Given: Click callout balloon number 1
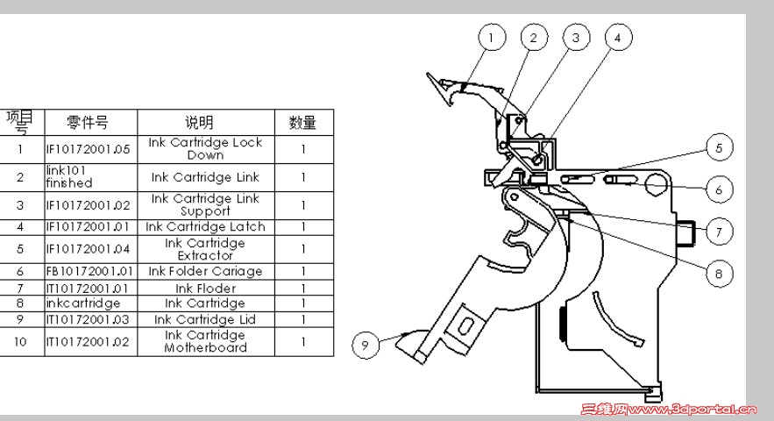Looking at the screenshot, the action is [x=492, y=38].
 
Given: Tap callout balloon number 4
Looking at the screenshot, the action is [x=618, y=37].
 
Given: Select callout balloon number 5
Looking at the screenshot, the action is [x=719, y=147].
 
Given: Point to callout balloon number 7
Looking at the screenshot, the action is [x=719, y=232].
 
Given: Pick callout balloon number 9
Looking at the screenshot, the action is [x=366, y=345].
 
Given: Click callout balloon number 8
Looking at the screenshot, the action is [x=719, y=275].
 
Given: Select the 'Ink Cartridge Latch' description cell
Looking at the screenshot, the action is [x=206, y=227].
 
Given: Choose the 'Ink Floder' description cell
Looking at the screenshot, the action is [x=206, y=288].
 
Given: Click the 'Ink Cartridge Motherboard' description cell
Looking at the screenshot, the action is [x=206, y=341].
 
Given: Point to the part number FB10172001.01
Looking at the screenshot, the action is [x=89, y=271].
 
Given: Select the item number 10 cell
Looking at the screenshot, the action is [x=21, y=341].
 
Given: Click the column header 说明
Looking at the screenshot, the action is [x=206, y=123].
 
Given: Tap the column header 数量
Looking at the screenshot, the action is [x=304, y=123].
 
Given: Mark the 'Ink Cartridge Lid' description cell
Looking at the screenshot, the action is [x=206, y=319].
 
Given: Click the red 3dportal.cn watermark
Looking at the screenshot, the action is [x=669, y=409].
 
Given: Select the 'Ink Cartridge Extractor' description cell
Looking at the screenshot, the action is [x=206, y=249].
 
